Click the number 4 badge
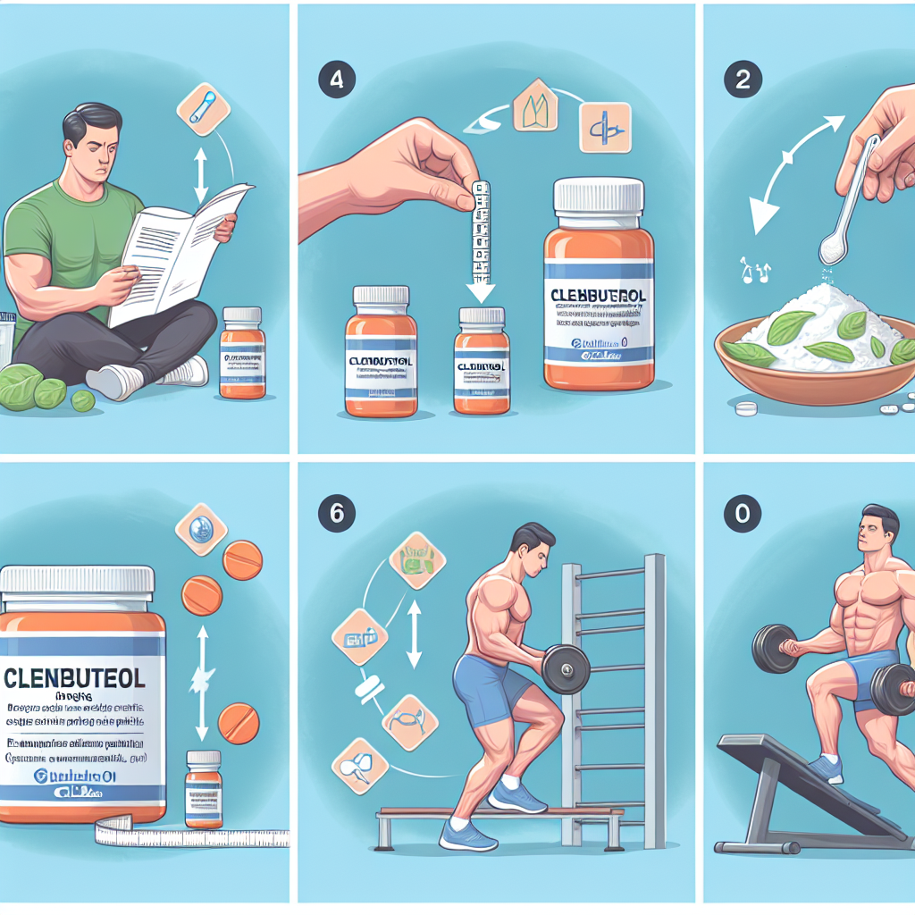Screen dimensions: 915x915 [x=335, y=78]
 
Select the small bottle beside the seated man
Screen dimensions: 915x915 [x=241, y=352]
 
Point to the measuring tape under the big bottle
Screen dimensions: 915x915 [x=179, y=834]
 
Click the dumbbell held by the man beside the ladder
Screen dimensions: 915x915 [x=566, y=668]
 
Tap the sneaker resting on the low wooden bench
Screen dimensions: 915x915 [x=516, y=797]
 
